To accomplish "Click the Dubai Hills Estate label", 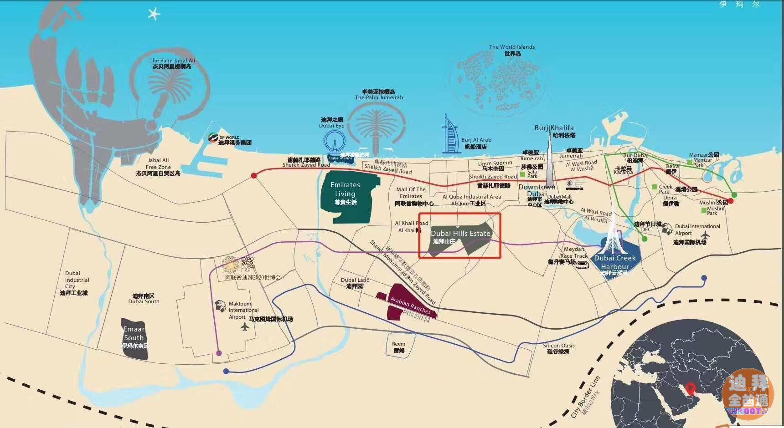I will [x=460, y=234].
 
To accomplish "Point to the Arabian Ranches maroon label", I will [x=410, y=306].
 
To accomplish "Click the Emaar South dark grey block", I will [x=134, y=338].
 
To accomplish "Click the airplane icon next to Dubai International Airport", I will [x=705, y=235].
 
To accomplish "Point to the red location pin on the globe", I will [x=691, y=389].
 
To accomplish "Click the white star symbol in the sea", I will [x=154, y=14].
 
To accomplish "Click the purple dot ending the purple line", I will [x=219, y=353].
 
